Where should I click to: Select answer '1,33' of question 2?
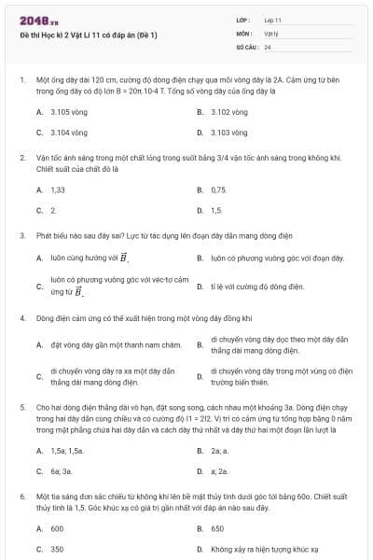coord(58,189)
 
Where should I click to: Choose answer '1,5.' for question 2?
coord(216,211)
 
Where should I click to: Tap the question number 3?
coord(21,237)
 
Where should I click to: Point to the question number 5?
coord(21,408)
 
